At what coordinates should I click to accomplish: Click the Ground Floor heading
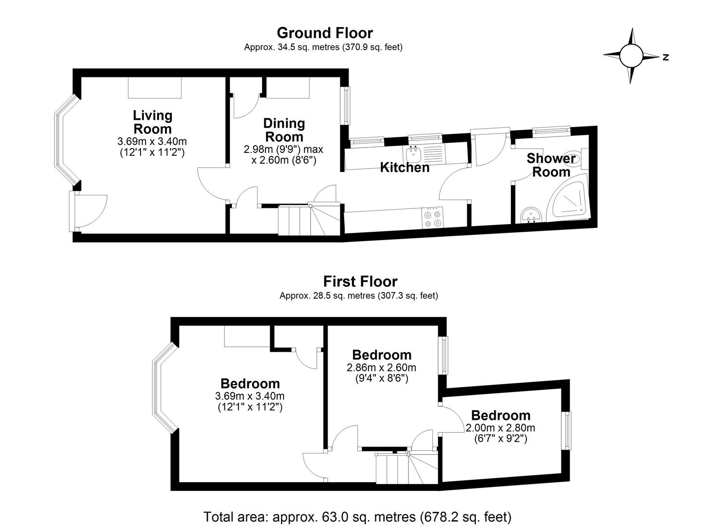click(x=325, y=33)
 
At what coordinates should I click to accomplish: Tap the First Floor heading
click(x=360, y=282)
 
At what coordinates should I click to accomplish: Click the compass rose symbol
click(x=631, y=56)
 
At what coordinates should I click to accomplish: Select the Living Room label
click(x=152, y=122)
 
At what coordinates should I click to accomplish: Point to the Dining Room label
click(x=284, y=130)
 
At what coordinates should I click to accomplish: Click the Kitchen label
click(x=405, y=168)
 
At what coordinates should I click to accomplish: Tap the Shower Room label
click(x=551, y=165)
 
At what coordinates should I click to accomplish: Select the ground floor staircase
click(x=307, y=220)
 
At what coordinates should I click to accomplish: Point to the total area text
click(x=357, y=517)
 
